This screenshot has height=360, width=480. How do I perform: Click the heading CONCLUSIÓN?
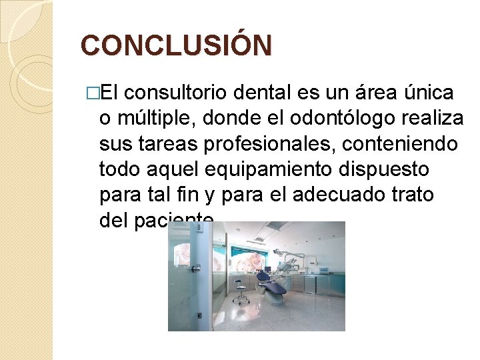pyautogui.click(x=176, y=45)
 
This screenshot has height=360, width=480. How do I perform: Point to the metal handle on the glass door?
pyautogui.click(x=196, y=268)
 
